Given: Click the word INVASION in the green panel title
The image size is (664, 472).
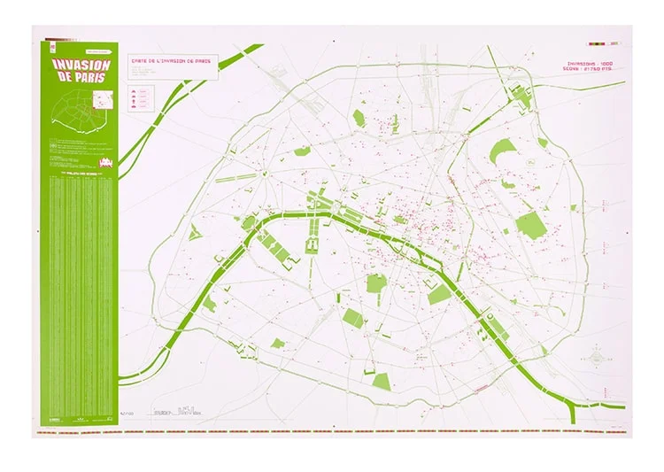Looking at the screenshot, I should (x=82, y=64).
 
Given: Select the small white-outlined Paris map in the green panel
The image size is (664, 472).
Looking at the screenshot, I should (x=81, y=111).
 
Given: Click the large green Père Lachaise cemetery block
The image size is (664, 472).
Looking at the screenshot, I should (x=530, y=224).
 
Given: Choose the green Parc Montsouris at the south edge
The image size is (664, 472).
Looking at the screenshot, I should (x=382, y=381).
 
